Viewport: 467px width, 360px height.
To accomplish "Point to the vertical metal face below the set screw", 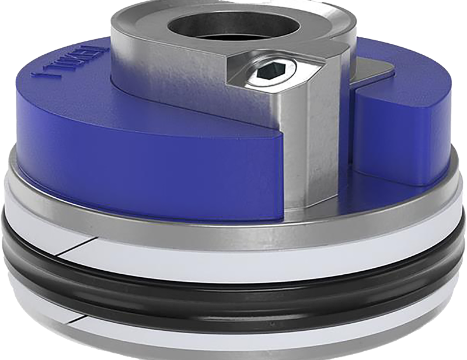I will coord(304,146).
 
